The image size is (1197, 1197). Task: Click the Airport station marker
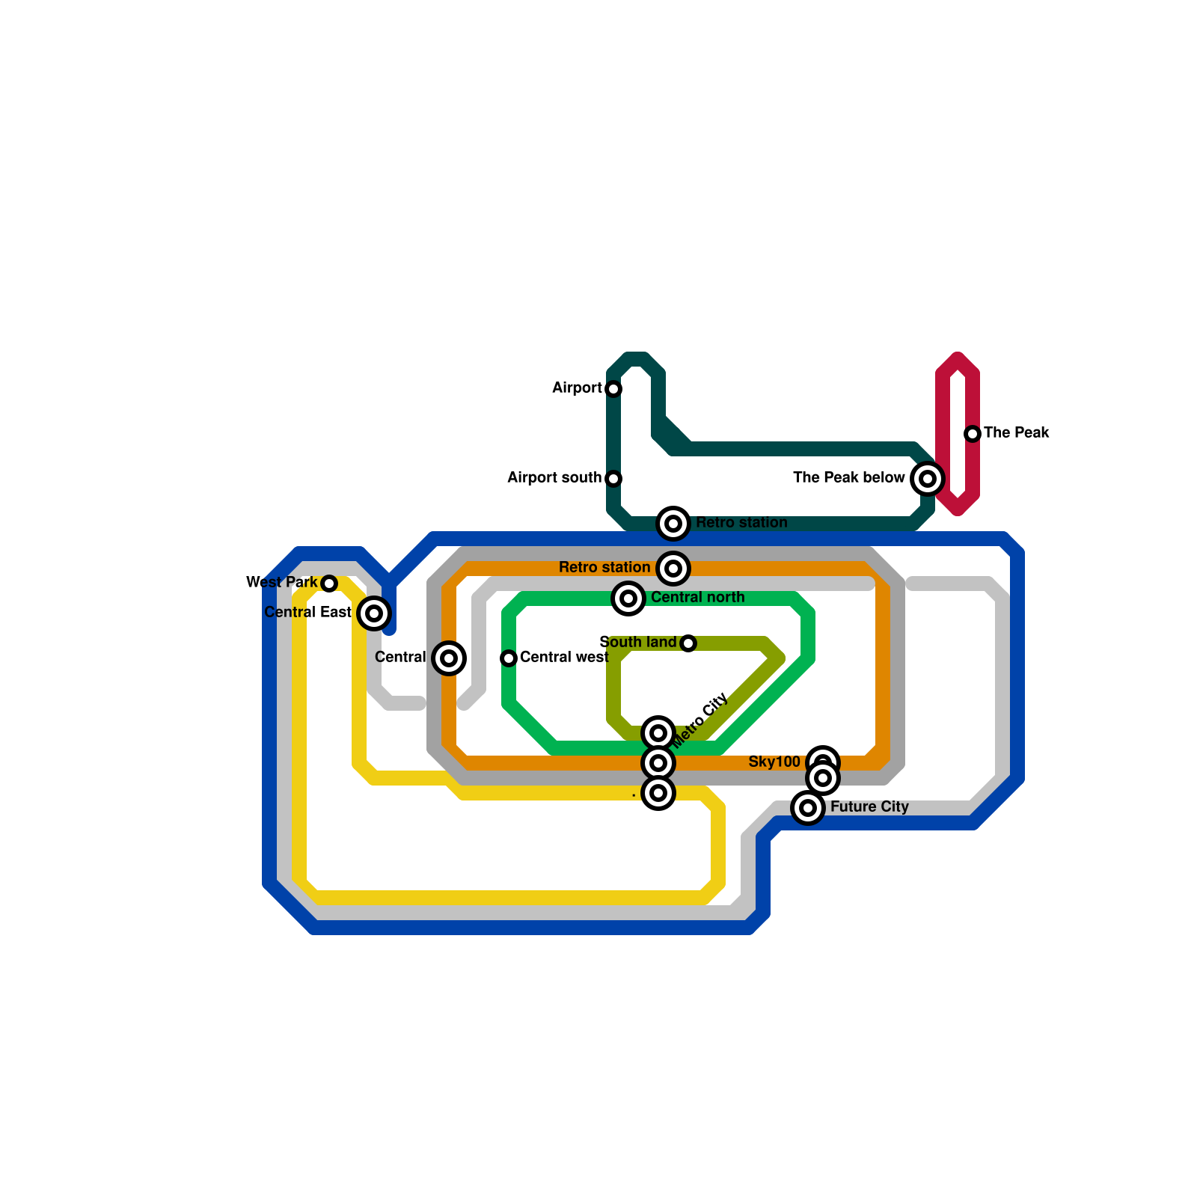pos(613,389)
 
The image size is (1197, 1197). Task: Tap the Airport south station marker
pos(613,479)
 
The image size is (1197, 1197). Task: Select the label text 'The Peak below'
pos(848,477)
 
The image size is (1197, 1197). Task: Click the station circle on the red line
pos(973,434)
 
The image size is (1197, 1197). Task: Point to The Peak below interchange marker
pos(928,479)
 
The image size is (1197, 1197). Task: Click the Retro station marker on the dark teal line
pos(673,524)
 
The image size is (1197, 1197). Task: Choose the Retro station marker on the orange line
pos(673,569)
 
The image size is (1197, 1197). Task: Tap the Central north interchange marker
pos(628,598)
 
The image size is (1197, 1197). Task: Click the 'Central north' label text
pos(697,597)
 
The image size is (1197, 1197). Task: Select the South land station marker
pos(688,643)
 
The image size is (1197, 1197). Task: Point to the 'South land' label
pos(637,642)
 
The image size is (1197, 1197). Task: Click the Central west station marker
pos(509,658)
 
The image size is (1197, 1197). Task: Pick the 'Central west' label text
pos(564,657)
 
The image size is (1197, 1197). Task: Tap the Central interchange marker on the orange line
pos(449,658)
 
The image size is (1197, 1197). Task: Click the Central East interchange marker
pos(374,613)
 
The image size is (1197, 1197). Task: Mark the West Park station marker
pos(329,584)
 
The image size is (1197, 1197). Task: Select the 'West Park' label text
pos(282,582)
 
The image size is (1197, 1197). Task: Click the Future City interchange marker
pos(808,808)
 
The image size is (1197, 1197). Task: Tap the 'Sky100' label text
pos(774,762)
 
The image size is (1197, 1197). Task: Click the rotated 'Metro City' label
pos(701,720)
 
